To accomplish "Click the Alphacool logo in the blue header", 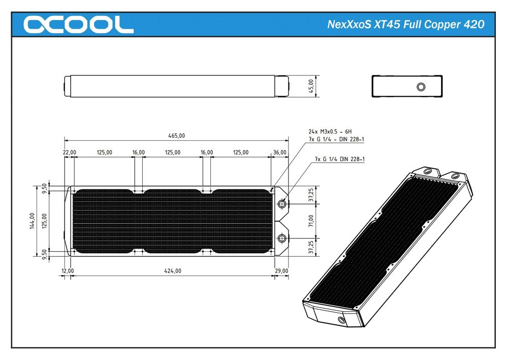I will click(x=79, y=24).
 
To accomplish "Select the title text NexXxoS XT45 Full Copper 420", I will click(x=405, y=24).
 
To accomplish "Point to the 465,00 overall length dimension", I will click(x=177, y=135).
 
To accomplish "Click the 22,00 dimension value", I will click(x=70, y=152).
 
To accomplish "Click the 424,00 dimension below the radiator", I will click(x=173, y=271).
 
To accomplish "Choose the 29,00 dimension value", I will click(x=281, y=271).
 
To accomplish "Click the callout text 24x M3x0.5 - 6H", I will click(x=333, y=131).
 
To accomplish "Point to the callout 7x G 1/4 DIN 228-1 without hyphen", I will click(x=340, y=159).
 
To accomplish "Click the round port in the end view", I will click(x=420, y=86).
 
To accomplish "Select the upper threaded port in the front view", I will click(x=281, y=204).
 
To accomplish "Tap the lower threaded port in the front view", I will click(x=281, y=238).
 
